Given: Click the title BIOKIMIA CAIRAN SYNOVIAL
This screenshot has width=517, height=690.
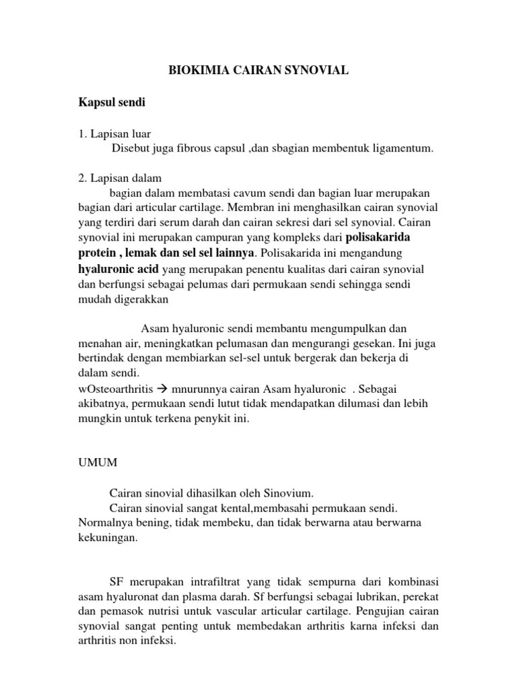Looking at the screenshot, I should click(x=258, y=69).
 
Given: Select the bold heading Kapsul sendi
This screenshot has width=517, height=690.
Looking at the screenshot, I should click(x=112, y=103).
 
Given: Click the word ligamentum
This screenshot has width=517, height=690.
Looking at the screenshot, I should click(x=397, y=148).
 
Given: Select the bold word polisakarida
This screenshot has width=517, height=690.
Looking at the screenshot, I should click(x=378, y=238).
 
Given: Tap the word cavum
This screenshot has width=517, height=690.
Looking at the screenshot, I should click(x=252, y=194).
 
